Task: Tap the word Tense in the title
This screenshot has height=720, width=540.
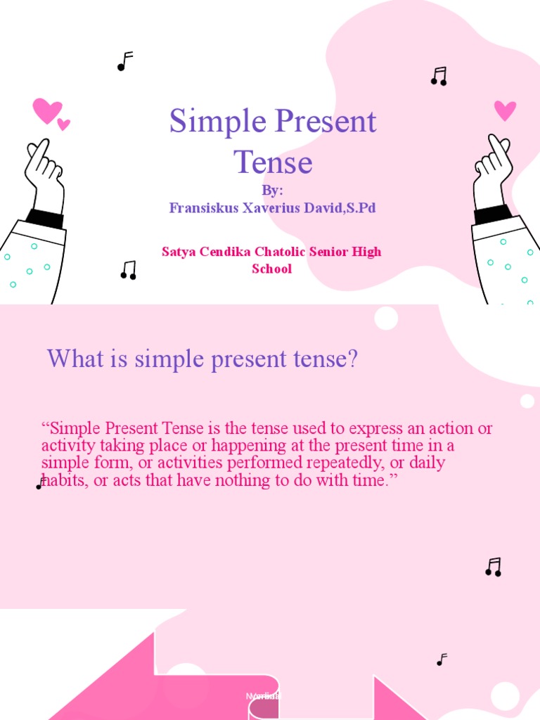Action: coord(273,162)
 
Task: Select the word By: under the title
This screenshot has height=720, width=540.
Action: coord(272,191)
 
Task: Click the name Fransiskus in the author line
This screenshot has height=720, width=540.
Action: coord(202,208)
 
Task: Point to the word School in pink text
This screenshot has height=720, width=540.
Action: coord(271,269)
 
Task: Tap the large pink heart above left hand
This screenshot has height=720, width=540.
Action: coord(46,110)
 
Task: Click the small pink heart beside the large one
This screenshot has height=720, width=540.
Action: coord(64,124)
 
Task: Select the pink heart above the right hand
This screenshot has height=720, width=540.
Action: coord(505,110)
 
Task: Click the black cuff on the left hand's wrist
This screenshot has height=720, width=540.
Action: coord(44,218)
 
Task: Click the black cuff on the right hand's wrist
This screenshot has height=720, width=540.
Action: coord(493,213)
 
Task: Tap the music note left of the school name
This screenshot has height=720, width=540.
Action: coord(128,270)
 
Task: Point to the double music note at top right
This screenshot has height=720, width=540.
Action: coord(439,77)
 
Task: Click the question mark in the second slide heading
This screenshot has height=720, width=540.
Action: coord(352,360)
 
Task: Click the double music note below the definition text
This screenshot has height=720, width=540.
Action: coord(494,567)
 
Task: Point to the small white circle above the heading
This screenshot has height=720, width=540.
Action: coord(386,318)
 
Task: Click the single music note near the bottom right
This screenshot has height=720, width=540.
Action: coord(442,660)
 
